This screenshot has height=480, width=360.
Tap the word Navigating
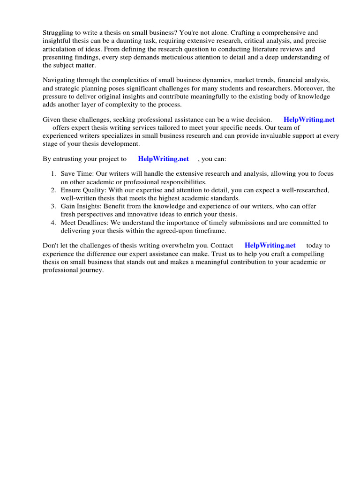pyautogui.click(x=60, y=81)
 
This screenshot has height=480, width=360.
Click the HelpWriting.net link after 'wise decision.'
pyautogui.click(x=309, y=120)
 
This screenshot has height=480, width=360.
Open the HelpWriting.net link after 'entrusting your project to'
pyautogui.click(x=163, y=159)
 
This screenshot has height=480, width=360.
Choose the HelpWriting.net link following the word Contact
pyautogui.click(x=270, y=245)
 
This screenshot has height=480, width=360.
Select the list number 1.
pyautogui.click(x=53, y=174)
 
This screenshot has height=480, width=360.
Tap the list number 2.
pyautogui.click(x=53, y=190)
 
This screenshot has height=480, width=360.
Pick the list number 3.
pyautogui.click(x=53, y=206)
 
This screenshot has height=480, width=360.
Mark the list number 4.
pyautogui.click(x=53, y=223)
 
